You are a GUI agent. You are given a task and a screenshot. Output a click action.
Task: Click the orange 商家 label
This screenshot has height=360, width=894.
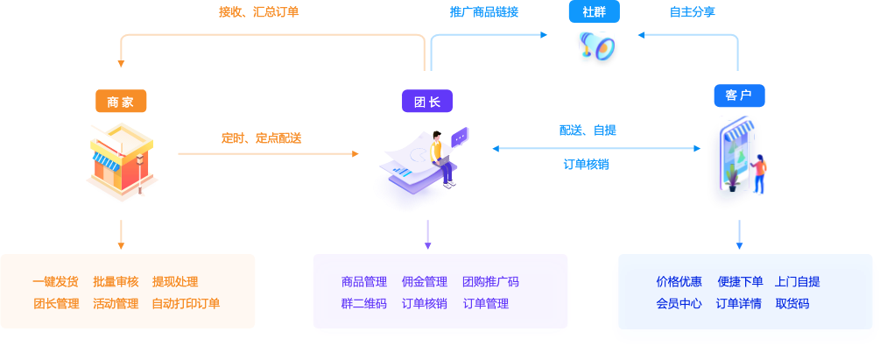121,102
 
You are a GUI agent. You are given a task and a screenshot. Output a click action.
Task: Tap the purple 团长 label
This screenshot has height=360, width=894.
427,102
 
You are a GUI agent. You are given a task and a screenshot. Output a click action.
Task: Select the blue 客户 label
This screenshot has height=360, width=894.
739,95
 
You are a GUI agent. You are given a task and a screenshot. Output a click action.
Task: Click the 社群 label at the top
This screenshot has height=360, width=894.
595,12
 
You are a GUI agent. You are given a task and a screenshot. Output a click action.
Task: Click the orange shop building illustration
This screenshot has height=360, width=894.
122,163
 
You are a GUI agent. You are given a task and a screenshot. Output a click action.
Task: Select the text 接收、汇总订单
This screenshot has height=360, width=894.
258,12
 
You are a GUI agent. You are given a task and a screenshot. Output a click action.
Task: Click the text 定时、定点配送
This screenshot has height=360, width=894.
261,138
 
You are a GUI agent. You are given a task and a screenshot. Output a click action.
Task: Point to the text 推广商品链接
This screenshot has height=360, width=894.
483,12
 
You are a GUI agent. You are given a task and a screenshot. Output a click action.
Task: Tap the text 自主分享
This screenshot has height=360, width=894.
692,12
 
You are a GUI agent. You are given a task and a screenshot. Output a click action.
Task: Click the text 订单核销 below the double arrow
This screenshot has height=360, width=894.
586,164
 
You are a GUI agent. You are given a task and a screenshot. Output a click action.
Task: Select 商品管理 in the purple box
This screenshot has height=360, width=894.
364,282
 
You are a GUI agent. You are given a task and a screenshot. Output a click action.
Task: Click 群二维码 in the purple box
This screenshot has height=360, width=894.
364,304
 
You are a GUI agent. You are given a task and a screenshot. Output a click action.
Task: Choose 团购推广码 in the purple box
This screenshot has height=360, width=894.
490,282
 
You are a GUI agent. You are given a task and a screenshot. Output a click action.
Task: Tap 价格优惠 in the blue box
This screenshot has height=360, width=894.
679,282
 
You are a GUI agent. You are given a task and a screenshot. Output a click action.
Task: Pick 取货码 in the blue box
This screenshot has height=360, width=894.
792,304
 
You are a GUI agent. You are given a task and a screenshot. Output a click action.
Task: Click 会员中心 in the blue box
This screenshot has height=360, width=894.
679,304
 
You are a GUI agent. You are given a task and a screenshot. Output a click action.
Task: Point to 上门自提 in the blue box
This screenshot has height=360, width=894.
798,282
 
